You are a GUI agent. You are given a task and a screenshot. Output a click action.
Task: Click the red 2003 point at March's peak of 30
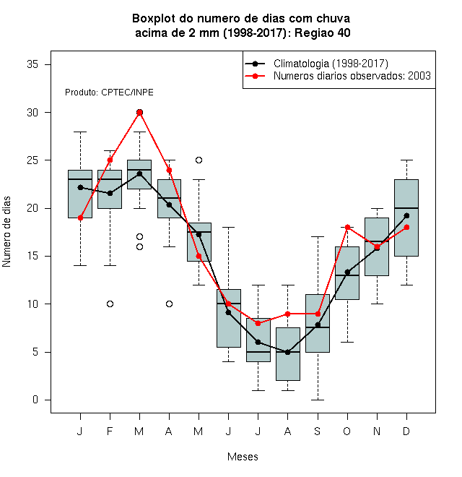(x=139, y=113)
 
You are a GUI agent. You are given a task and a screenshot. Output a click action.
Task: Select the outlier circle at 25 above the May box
(x=199, y=160)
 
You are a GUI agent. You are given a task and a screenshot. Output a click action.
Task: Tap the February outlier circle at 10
(x=110, y=304)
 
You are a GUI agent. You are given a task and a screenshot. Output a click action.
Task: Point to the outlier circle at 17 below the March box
(x=139, y=236)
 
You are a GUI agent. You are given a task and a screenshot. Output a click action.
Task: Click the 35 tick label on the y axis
(x=32, y=64)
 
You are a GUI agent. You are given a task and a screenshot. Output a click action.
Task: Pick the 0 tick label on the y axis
(x=35, y=400)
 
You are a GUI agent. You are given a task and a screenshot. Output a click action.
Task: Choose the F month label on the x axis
(x=110, y=431)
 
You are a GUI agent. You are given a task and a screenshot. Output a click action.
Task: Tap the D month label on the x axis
(x=406, y=431)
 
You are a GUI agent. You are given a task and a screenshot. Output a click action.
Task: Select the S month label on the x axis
(x=318, y=431)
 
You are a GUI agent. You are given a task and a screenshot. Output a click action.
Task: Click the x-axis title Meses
(x=243, y=457)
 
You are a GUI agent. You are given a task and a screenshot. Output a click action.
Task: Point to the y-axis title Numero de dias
(x=6, y=232)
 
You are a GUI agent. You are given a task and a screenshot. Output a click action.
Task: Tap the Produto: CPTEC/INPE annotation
(x=109, y=93)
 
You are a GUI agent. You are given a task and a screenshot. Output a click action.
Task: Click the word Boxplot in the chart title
(x=154, y=19)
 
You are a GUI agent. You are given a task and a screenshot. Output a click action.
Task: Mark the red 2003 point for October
(x=347, y=227)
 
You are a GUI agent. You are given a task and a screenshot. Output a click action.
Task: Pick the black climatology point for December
(x=406, y=215)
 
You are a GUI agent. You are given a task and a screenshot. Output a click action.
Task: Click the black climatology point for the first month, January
(x=81, y=187)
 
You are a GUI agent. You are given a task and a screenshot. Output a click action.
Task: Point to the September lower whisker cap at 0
(x=318, y=400)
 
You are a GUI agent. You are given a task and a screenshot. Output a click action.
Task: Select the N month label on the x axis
(x=377, y=431)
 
